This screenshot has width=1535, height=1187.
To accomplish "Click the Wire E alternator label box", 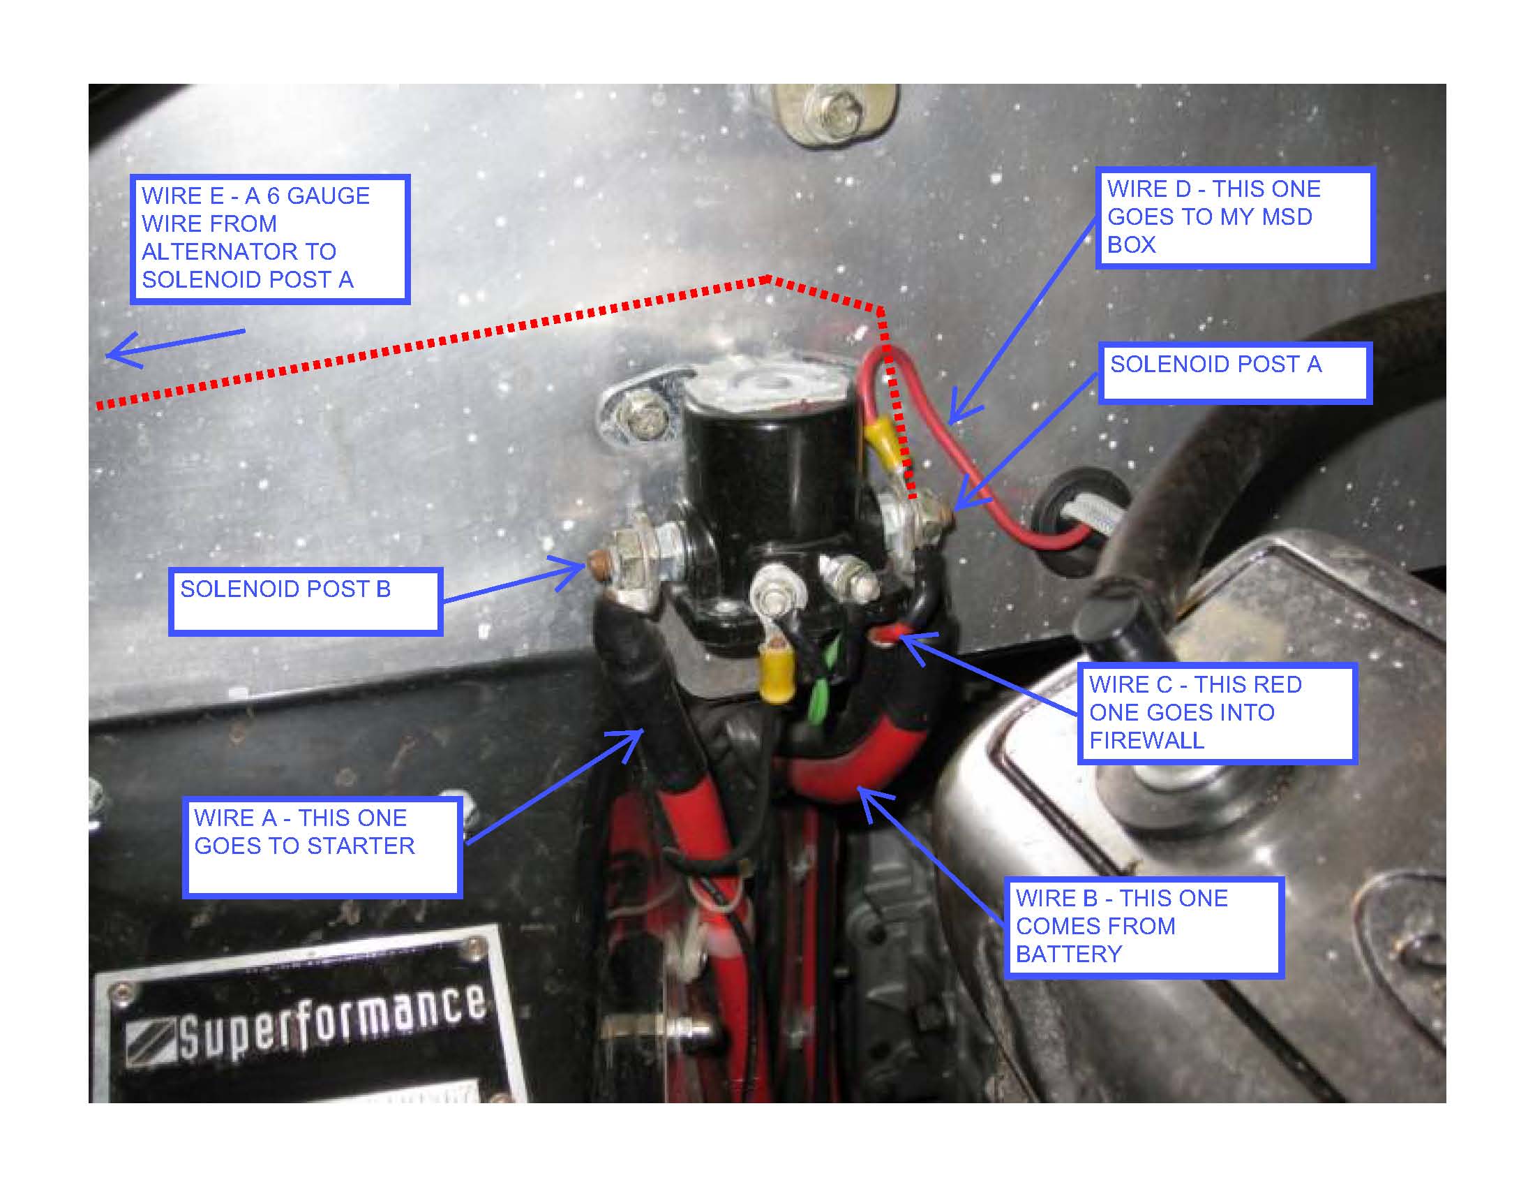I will [270, 239].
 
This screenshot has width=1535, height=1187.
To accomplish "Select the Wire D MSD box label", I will [1235, 218].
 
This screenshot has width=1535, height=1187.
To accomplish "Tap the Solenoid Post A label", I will [1235, 374].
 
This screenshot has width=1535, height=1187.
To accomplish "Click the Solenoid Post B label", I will [305, 602].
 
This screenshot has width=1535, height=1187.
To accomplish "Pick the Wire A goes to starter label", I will [322, 848].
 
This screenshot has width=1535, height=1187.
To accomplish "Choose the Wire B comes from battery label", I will [1144, 927].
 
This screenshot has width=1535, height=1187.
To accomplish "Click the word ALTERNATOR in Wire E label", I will [239, 252].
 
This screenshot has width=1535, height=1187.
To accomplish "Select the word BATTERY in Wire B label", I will [1068, 955].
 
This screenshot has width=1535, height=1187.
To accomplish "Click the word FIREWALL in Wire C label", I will [1146, 740].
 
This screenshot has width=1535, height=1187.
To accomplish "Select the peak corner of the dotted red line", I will [768, 279].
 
